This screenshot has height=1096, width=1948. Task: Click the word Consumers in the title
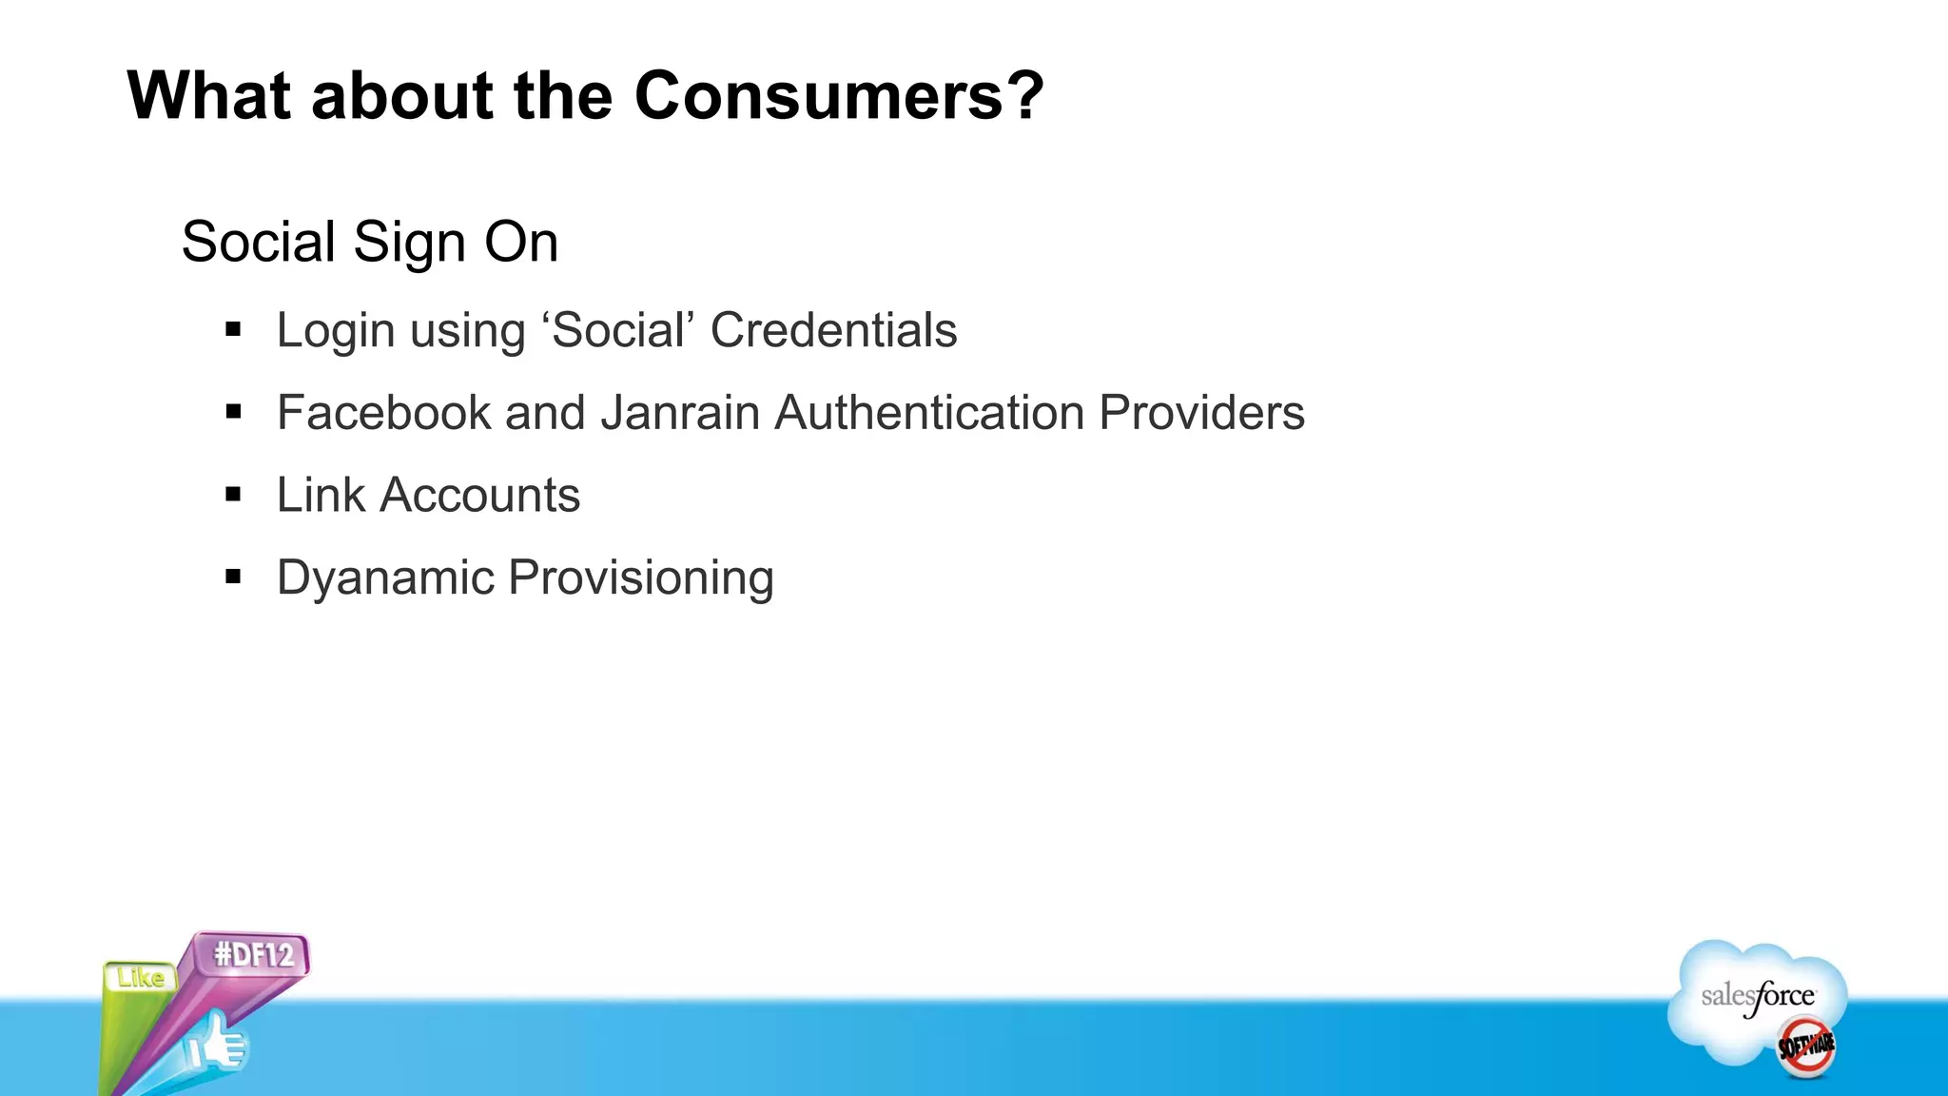point(838,96)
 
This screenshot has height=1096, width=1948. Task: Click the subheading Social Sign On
point(369,242)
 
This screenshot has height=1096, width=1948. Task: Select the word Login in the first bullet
point(335,331)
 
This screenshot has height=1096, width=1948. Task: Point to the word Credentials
point(833,331)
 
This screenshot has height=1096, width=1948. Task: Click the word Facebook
point(383,413)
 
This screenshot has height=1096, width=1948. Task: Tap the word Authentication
point(929,413)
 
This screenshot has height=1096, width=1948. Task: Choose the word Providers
point(1201,413)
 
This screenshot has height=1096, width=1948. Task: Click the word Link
point(321,495)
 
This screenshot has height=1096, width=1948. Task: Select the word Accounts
point(480,495)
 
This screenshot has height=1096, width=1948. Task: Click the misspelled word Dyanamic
point(385,577)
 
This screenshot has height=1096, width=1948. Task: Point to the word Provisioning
point(641,577)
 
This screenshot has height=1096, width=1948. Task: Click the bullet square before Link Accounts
point(234,495)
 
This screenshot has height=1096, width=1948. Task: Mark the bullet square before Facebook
point(234,412)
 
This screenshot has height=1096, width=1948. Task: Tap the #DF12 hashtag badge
point(253,954)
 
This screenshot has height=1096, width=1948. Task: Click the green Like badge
point(140,978)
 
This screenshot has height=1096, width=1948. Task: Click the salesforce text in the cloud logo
point(1757,996)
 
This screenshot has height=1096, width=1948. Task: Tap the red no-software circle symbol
point(1806,1047)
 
